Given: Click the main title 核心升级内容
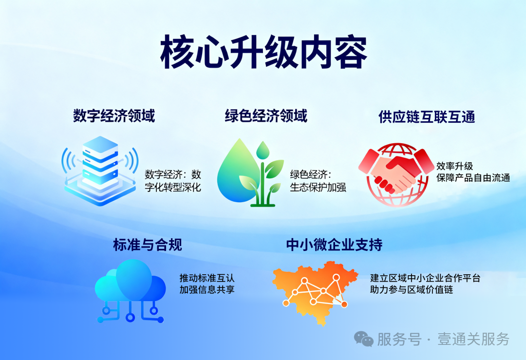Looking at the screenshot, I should coord(263,52).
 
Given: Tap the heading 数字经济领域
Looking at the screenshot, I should coord(114,116).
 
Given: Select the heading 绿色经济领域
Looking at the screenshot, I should coord(266,116).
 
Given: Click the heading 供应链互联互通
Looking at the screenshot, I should coord(427,117).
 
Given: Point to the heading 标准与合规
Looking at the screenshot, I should coord(148,245).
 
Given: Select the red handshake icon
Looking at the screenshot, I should coord(395,173).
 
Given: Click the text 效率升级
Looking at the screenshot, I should coord(455,166).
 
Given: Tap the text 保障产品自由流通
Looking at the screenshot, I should coord(473,178).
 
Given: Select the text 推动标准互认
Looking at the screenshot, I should coord(207,278).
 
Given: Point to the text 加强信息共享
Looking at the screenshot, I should coord(207,290).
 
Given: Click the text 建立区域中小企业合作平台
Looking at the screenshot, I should coord(425,278).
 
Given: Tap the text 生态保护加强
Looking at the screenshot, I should coord(318,187).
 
